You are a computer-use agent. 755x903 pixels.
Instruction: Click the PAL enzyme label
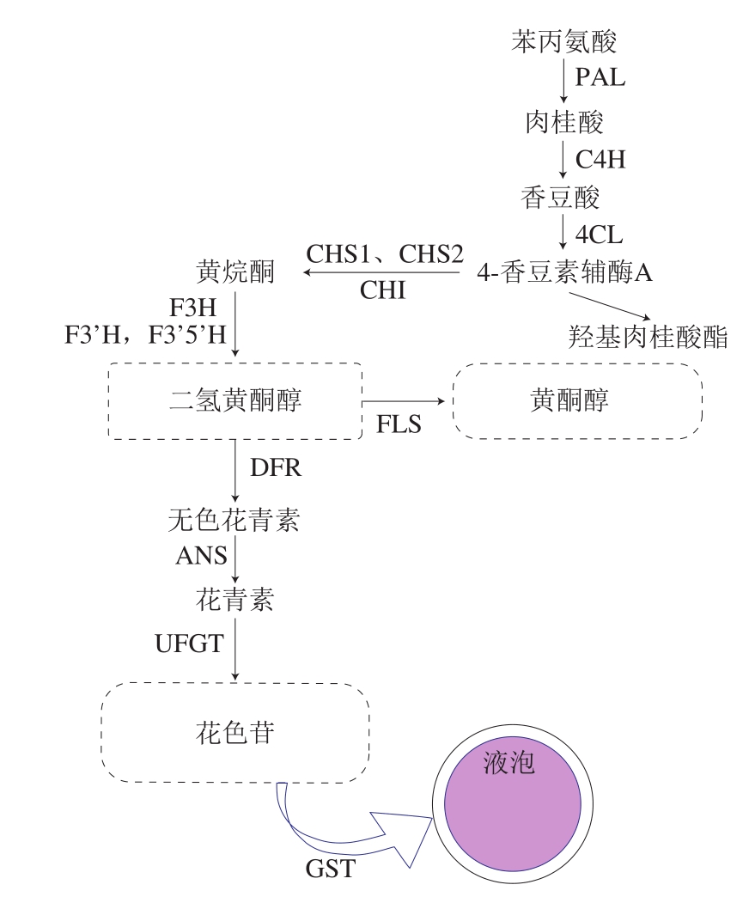600,77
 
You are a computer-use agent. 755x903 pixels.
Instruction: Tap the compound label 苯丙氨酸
563,41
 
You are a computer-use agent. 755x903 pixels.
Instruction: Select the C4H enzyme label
600,160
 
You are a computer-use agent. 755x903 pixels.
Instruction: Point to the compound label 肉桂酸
563,122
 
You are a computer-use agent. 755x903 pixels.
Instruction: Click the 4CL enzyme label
599,235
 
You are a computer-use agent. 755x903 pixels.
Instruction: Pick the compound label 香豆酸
560,198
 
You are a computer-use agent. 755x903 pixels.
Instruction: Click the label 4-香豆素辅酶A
564,272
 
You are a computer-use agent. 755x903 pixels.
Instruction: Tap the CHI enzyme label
383,290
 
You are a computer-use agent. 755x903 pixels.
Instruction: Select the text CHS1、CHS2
384,254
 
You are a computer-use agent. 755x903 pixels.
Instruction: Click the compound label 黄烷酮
235,272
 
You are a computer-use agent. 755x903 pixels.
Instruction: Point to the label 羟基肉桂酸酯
648,337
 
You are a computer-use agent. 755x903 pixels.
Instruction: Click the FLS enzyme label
399,424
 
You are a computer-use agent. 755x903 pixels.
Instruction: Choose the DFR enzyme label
275,467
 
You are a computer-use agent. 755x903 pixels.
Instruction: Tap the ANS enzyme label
202,556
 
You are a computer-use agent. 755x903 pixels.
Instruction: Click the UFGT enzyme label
190,644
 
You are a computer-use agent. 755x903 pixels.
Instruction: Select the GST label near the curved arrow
330,869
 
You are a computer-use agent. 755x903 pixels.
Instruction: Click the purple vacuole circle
513,804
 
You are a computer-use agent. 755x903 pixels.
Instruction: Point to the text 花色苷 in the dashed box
235,733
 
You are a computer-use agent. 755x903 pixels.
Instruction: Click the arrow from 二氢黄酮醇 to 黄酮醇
403,401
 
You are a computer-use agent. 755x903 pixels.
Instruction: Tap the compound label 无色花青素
234,520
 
